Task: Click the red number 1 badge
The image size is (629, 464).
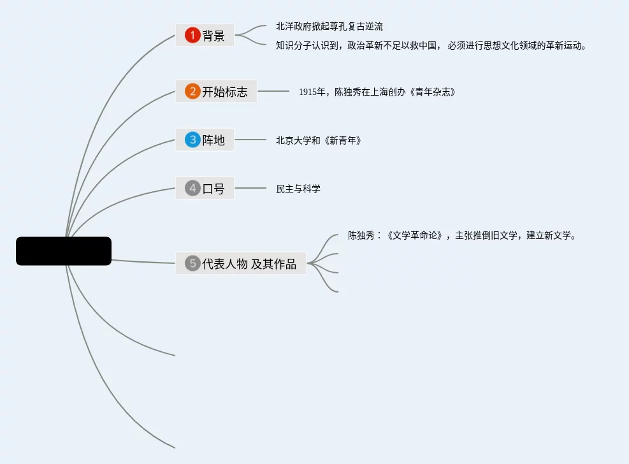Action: (192, 35)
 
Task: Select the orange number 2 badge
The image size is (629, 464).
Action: (192, 91)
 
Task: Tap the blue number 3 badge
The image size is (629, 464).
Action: (192, 140)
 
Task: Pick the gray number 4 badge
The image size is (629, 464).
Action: (192, 188)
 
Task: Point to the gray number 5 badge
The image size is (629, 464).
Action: (192, 263)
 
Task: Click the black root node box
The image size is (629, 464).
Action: (64, 251)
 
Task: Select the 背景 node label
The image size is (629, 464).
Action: (213, 36)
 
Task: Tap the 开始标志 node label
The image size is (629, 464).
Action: (225, 92)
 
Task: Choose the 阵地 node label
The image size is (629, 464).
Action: (213, 140)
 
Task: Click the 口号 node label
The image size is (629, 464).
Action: (213, 189)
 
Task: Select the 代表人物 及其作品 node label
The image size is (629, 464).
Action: (249, 263)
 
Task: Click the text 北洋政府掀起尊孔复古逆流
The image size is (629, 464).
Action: (329, 27)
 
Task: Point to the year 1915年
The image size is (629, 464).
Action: (312, 92)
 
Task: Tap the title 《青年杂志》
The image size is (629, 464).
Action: (431, 92)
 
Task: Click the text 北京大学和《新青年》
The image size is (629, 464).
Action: (319, 140)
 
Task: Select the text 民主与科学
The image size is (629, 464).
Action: (298, 189)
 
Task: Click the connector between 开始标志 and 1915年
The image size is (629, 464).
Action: (273, 92)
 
